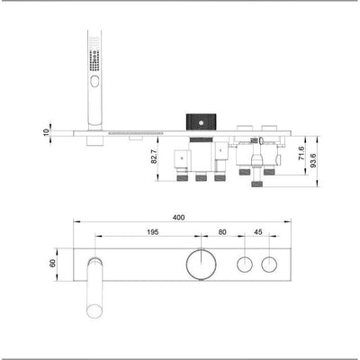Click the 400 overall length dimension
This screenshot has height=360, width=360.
(x=179, y=217)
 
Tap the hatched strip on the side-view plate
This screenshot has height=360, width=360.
(x=135, y=134)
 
